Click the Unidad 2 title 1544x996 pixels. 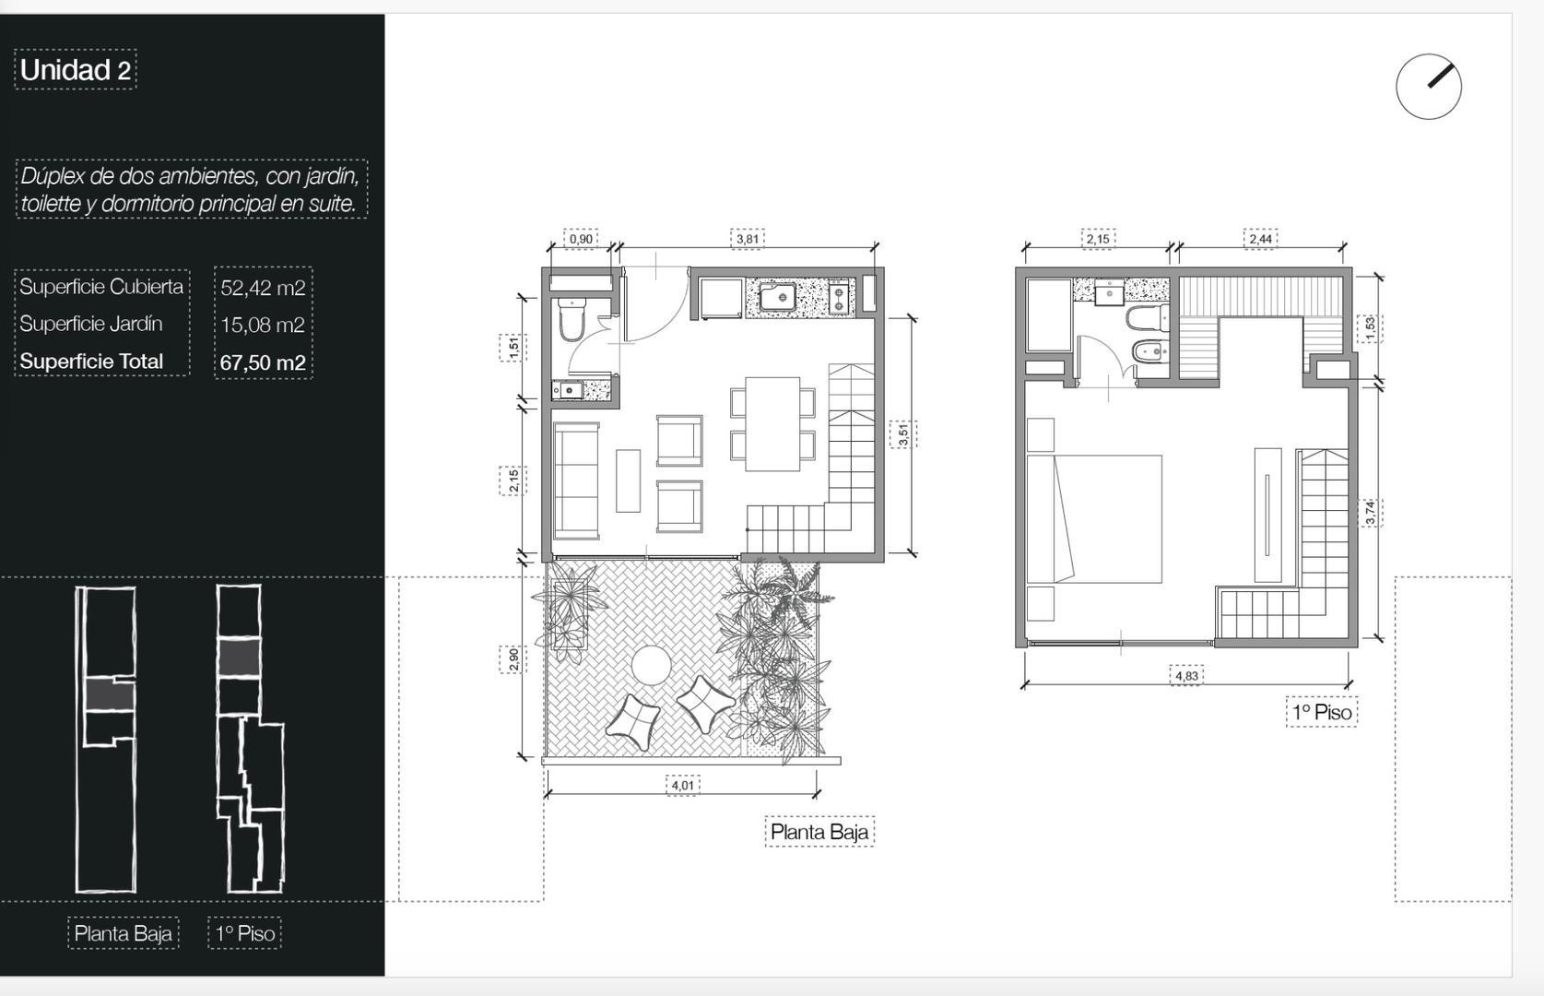(76, 70)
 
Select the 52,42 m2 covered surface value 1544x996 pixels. (263, 288)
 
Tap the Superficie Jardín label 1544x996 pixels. (91, 324)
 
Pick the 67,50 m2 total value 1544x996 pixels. (263, 362)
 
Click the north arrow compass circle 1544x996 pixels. (1428, 87)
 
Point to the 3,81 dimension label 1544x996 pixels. (748, 239)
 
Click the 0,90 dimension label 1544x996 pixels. (581, 239)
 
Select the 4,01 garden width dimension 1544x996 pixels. (682, 786)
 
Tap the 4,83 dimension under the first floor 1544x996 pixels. (1186, 676)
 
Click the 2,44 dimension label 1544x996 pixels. (1260, 239)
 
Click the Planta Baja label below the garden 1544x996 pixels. (819, 832)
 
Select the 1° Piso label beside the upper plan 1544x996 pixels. (1321, 712)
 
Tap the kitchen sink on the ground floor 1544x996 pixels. (778, 297)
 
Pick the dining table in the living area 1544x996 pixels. (772, 423)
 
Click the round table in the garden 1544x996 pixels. (651, 665)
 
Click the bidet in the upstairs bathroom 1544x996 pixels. (1148, 351)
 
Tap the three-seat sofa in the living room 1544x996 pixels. (576, 480)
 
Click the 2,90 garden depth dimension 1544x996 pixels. (513, 658)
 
